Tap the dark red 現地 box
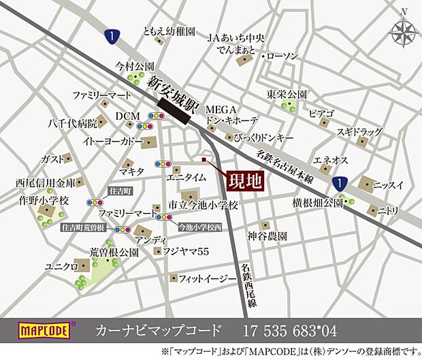[242, 180]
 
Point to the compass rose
[402, 31]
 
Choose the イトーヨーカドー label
[113, 142]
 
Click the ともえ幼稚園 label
[169, 31]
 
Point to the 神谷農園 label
[267, 235]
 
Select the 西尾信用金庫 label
[46, 183]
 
